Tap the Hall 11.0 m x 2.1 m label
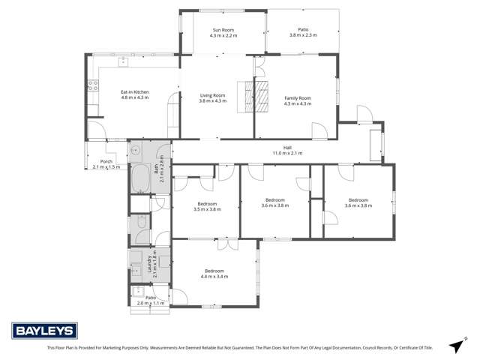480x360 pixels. (x=286, y=150)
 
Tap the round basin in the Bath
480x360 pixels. (x=136, y=150)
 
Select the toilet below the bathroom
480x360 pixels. (x=140, y=223)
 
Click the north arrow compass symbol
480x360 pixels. (x=455, y=346)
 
